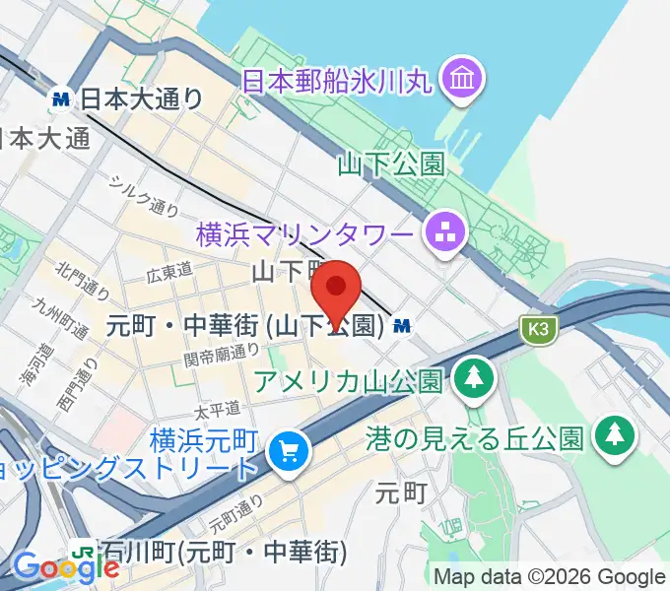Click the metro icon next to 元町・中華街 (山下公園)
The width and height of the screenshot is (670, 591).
[401, 324]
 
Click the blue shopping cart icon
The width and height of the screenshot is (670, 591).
[289, 452]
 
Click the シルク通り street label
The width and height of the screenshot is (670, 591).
[144, 194]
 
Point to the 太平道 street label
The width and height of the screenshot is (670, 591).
[217, 407]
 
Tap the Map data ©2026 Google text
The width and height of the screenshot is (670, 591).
[550, 576]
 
